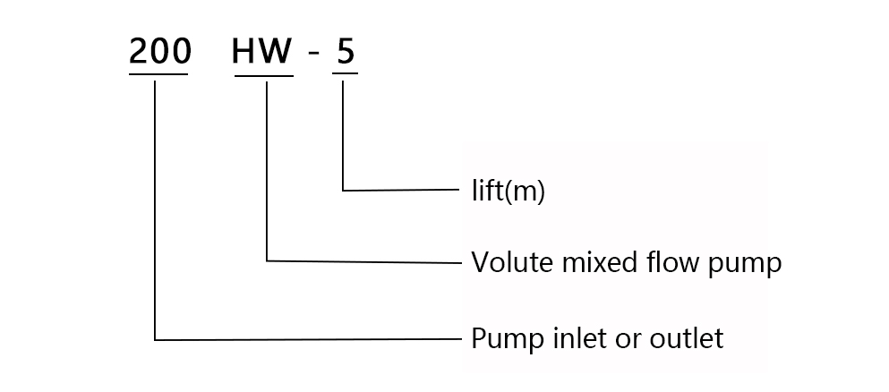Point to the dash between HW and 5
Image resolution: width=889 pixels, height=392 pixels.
click(x=312, y=55)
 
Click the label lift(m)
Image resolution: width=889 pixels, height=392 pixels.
click(x=508, y=192)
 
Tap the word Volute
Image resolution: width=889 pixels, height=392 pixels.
click(x=505, y=263)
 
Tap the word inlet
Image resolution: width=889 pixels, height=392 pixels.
click(x=574, y=339)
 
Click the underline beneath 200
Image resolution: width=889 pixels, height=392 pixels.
click(x=159, y=74)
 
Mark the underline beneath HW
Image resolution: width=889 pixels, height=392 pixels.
click(x=263, y=75)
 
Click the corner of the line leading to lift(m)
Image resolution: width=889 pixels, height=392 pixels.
click(x=344, y=190)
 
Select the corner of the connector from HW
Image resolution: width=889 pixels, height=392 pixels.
click(x=267, y=261)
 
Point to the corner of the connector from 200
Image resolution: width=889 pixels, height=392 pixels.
click(x=155, y=339)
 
